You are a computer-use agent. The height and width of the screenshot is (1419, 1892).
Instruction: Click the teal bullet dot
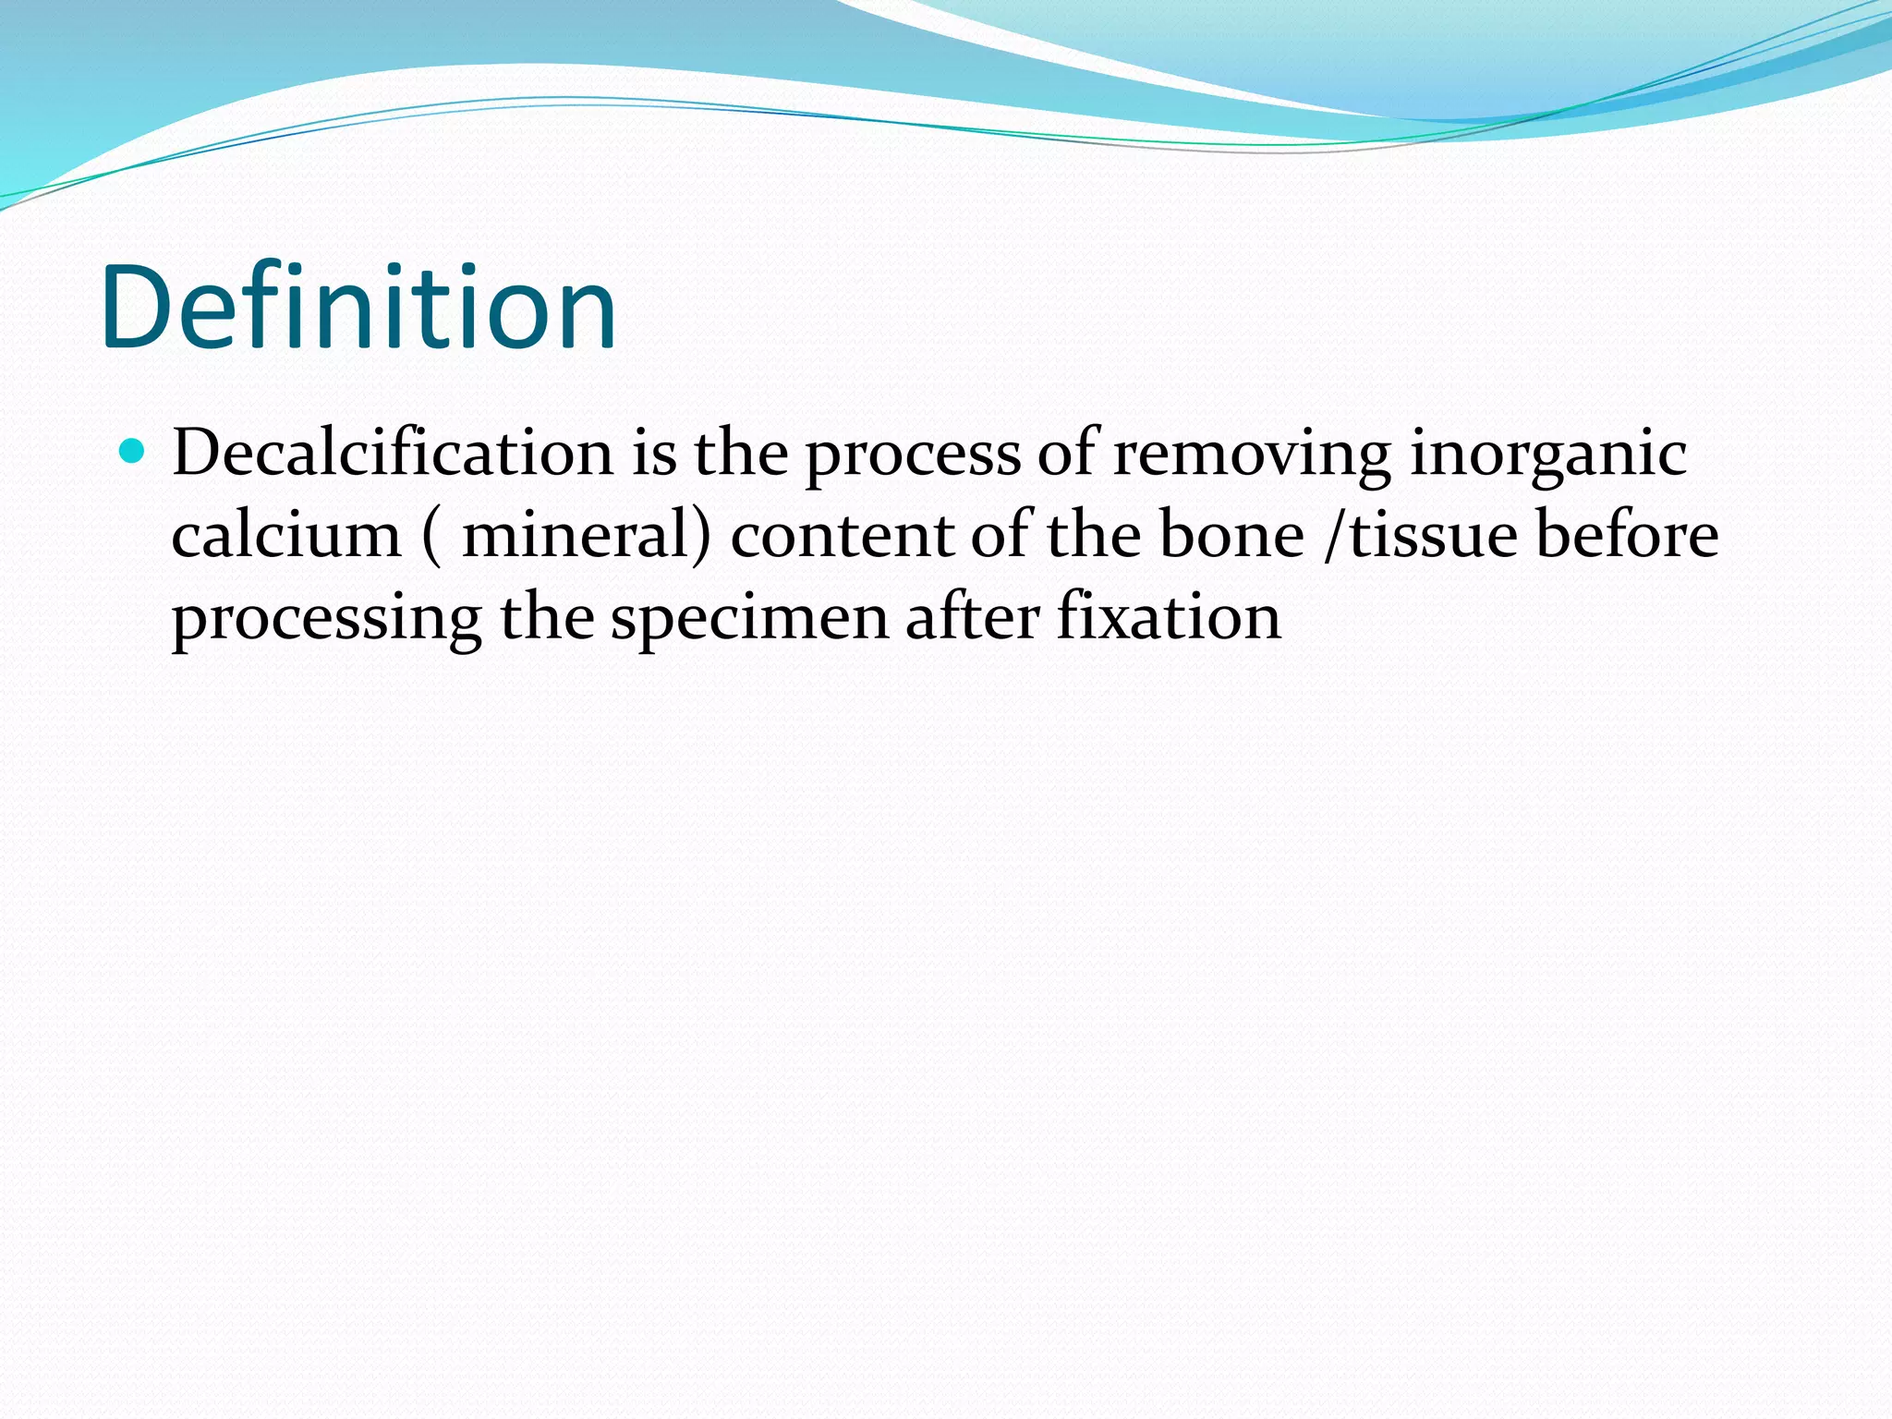[x=133, y=452]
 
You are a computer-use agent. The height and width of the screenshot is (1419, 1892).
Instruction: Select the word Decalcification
[x=393, y=454]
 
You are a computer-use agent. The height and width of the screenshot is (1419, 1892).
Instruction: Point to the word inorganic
[x=1548, y=455]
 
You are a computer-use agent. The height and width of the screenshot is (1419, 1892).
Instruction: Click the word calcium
[x=286, y=536]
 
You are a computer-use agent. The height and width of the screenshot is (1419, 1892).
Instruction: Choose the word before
[x=1627, y=536]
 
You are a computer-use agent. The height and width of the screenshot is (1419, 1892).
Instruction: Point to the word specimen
[x=749, y=619]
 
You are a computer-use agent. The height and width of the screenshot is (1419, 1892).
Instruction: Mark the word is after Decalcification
[x=654, y=454]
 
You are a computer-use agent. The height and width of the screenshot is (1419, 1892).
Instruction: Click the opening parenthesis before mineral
[x=431, y=536]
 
